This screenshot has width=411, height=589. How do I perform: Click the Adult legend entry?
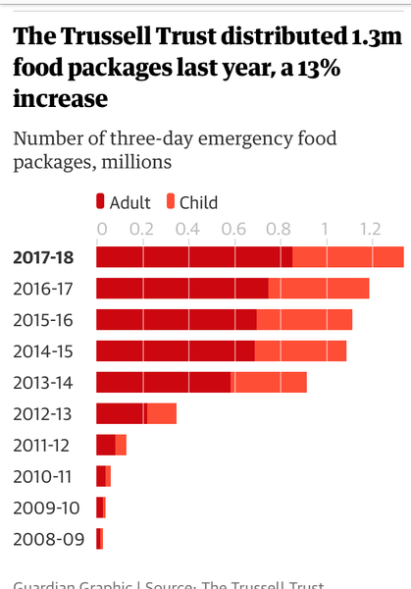[x=124, y=202]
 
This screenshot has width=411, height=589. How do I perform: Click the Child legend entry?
[x=189, y=202]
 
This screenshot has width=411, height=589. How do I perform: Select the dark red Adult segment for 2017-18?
[x=193, y=257]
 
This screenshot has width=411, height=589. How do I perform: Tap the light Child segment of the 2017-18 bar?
[x=347, y=257]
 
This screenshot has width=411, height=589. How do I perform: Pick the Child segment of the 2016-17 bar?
[x=318, y=289]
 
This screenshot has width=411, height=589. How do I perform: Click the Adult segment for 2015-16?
[x=176, y=320]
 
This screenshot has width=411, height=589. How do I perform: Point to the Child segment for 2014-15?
[x=300, y=350]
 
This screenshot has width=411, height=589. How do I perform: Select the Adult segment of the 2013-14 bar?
[x=163, y=382]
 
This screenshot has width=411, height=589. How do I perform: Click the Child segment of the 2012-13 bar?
[x=161, y=413]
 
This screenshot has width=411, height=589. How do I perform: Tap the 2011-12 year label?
[x=42, y=445]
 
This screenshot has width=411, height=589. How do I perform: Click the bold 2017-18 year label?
[x=44, y=257]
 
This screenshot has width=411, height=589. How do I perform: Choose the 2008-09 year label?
[x=42, y=538]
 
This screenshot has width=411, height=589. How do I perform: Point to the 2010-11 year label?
[x=42, y=476]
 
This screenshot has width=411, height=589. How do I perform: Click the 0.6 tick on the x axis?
[x=233, y=229]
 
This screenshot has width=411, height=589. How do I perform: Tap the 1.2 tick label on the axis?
[x=369, y=229]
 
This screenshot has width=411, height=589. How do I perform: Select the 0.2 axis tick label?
[x=143, y=229]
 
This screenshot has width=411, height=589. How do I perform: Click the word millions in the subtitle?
[x=140, y=160]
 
